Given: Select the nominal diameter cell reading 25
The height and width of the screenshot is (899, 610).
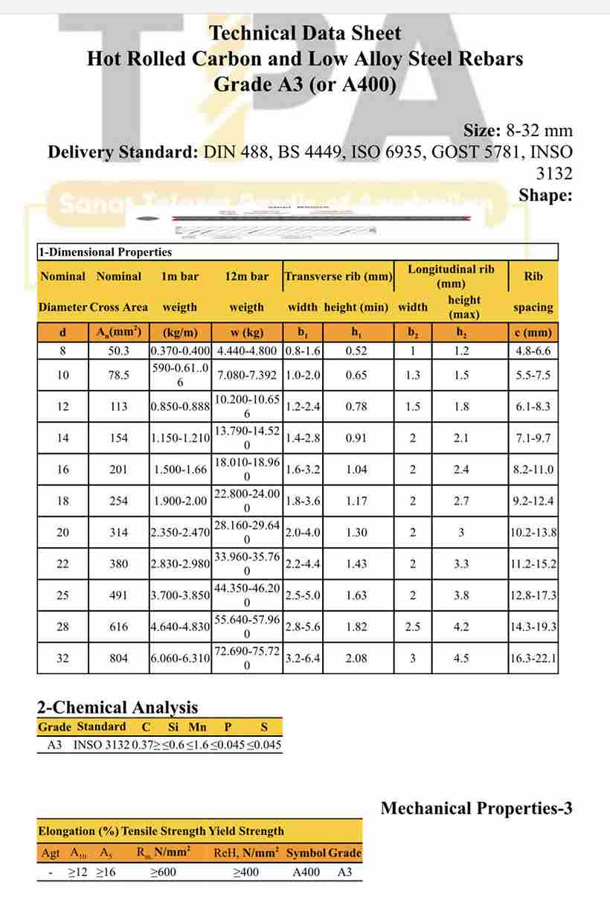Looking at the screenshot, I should coord(62,595).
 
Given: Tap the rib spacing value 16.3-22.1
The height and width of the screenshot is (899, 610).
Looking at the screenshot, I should coord(533,658).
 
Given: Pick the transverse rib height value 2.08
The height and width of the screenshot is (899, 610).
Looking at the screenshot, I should coord(356,658).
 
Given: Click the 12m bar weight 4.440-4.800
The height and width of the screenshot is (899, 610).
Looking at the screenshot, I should coord(247,351).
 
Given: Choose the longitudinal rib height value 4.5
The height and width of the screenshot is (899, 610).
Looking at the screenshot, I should coord(461,658).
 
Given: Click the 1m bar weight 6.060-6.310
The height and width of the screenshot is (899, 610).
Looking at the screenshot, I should coord(180,658).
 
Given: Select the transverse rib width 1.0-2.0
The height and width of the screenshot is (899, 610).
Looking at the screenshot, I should coord(303,375).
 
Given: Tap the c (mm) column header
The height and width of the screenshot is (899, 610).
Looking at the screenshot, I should coord(533,333).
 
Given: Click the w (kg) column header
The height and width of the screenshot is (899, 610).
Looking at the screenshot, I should coord(247,333).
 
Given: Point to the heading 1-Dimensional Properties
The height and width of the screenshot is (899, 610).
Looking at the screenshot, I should coord(105,252).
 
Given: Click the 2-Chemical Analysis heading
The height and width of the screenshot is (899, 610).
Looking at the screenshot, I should coord(118,707).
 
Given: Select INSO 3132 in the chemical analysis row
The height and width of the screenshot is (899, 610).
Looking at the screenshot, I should coord(101,744).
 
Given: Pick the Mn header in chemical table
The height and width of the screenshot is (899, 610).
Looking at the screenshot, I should coord(197,727).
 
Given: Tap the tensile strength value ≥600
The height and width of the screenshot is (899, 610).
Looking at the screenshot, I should coord(163,871).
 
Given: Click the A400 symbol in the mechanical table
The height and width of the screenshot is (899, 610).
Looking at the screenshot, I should coord(306,871).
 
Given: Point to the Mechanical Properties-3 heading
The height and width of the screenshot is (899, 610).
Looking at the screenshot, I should coord(476,808).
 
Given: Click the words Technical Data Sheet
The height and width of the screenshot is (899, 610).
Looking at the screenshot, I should coord(305,33).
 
